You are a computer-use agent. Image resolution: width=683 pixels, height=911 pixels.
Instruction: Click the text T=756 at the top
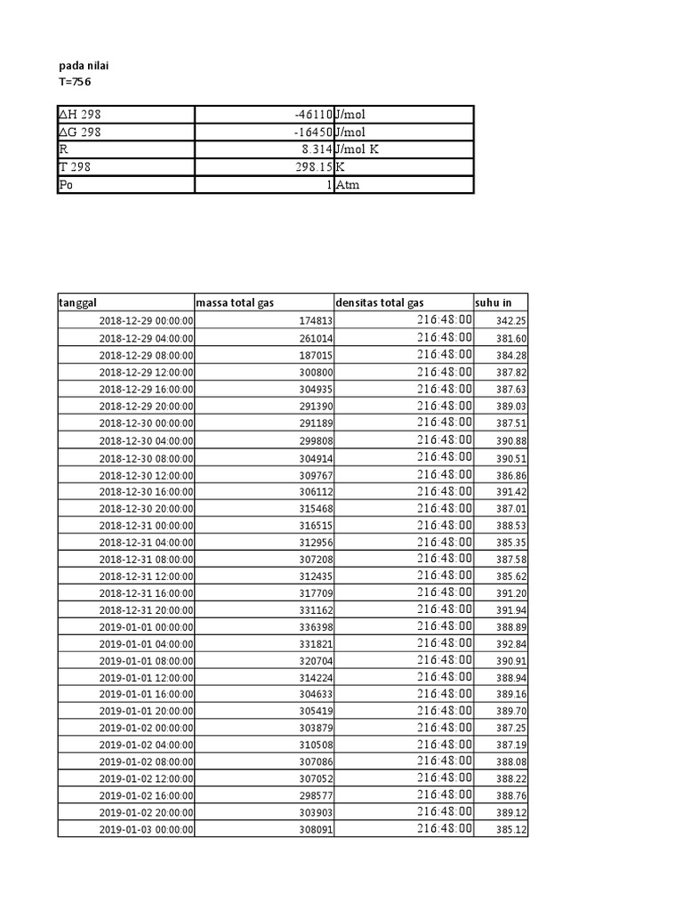click(x=74, y=82)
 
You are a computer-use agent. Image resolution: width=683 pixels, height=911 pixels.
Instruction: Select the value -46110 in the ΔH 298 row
click(x=309, y=115)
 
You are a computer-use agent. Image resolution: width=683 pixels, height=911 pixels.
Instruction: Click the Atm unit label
click(x=348, y=185)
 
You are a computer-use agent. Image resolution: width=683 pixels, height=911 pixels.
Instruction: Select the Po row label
click(x=66, y=185)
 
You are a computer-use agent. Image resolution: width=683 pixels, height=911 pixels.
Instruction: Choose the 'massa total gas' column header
click(x=235, y=303)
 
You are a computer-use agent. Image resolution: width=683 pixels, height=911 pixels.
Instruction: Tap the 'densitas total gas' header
click(x=380, y=303)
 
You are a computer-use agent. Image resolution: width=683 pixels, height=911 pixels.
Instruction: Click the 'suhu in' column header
click(x=493, y=303)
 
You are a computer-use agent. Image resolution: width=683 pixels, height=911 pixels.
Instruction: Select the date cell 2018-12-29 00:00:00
click(x=146, y=321)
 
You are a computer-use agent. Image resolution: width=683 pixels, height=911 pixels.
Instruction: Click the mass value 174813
click(x=316, y=321)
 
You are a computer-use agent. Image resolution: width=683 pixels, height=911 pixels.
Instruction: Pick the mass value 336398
click(x=316, y=626)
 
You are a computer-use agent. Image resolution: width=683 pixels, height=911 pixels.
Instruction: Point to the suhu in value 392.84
click(x=511, y=643)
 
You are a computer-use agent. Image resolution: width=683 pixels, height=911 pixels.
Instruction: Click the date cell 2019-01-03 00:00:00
click(x=146, y=830)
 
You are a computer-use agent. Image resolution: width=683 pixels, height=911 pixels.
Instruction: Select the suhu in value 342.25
click(x=511, y=321)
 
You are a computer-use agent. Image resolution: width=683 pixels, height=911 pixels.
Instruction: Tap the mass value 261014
click(x=316, y=338)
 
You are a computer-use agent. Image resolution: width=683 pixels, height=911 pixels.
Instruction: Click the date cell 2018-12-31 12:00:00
click(x=146, y=576)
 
